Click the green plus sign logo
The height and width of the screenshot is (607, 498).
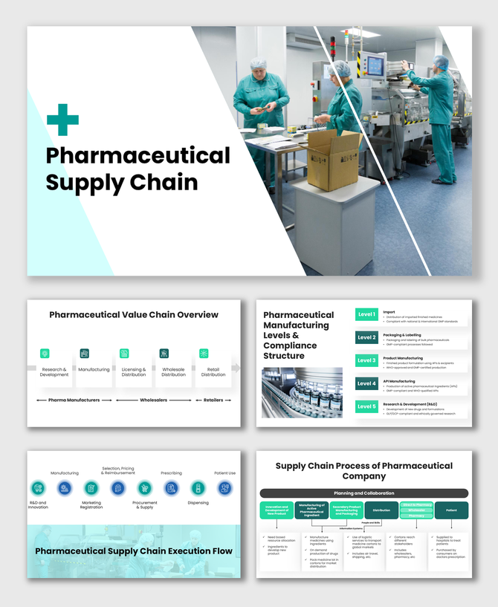(x=62, y=120)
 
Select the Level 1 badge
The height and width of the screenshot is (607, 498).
(x=366, y=315)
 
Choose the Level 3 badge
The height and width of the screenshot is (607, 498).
(x=366, y=360)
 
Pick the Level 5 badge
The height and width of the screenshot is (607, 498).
(x=366, y=406)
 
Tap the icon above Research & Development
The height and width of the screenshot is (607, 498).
(x=45, y=354)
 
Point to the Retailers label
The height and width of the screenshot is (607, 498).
(x=213, y=400)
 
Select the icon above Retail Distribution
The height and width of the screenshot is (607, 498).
(x=204, y=354)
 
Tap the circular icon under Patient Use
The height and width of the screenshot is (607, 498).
(x=224, y=488)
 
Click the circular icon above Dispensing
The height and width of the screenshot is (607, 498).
(x=198, y=488)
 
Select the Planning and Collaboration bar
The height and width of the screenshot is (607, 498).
(x=364, y=493)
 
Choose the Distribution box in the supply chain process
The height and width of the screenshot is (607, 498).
(x=381, y=510)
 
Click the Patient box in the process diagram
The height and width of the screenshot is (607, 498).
(x=451, y=510)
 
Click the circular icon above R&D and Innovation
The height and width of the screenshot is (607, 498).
(x=38, y=488)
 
